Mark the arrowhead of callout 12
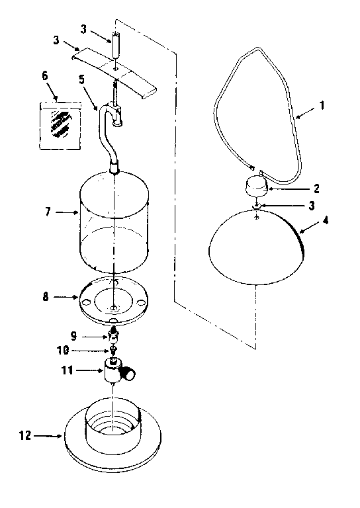(x=62, y=436)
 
